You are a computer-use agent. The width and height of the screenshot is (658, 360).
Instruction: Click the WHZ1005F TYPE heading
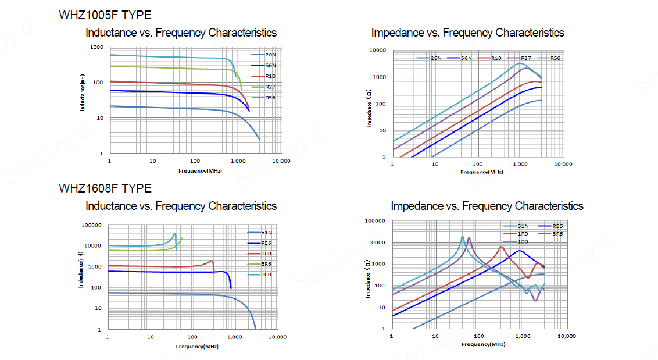[x=105, y=15]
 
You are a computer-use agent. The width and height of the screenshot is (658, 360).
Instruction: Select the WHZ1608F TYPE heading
[x=105, y=188]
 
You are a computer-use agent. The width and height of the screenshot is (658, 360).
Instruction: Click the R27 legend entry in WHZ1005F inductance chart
[x=270, y=87]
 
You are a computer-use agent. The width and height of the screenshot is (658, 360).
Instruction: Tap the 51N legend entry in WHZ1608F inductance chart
[x=267, y=233]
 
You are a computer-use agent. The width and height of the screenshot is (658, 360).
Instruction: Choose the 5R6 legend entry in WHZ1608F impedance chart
[x=557, y=233]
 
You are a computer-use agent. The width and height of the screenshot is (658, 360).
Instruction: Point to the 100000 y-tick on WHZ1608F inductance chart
[x=93, y=226]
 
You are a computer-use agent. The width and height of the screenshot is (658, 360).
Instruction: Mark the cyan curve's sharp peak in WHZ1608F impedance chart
[x=463, y=236]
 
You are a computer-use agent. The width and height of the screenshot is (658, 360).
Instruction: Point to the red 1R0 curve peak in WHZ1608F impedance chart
[x=501, y=247]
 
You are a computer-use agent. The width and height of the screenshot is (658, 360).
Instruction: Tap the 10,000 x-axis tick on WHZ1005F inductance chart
[x=281, y=161]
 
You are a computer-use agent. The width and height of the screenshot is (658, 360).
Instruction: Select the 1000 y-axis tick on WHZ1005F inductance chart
[x=96, y=47]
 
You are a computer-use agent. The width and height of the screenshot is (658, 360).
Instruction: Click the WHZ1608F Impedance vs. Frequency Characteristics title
[x=487, y=206]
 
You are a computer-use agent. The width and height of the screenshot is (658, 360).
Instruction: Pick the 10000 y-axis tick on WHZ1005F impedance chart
[x=378, y=51]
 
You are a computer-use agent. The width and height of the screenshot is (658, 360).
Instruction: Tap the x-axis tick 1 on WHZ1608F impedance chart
[x=392, y=336]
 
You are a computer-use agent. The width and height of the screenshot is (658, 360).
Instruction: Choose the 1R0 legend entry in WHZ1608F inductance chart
[x=267, y=254]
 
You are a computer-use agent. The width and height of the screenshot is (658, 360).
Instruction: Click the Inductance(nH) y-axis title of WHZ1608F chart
[x=81, y=270]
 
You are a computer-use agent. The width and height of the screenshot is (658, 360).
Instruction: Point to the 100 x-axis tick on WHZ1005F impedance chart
[x=477, y=164]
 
